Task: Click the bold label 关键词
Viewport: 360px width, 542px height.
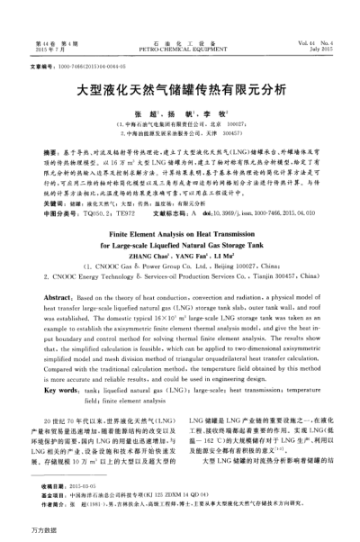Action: (x=55, y=203)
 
